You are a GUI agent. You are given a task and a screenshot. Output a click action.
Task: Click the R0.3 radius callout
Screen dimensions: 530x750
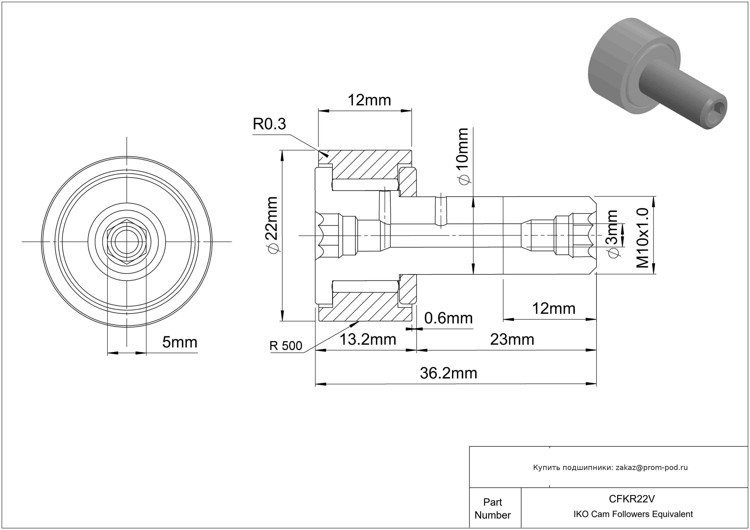(269, 124)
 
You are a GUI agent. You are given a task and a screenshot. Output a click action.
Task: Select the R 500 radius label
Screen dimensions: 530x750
(286, 346)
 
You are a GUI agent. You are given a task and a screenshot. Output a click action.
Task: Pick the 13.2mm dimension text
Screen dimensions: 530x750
(368, 340)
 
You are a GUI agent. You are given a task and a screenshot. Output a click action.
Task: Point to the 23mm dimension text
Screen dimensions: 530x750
(512, 340)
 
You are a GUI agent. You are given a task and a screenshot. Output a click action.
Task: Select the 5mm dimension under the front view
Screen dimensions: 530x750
(180, 342)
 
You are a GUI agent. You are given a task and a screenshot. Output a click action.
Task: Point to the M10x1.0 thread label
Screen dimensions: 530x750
(643, 238)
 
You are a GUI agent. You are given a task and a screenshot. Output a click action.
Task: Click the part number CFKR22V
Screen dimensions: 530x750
(632, 499)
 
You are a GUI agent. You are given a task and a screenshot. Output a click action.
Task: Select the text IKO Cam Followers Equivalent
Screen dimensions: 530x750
(633, 514)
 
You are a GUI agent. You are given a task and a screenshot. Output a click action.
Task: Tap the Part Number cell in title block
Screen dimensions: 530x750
(493, 509)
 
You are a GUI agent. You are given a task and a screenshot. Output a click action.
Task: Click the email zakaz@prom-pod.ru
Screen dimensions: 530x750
(651, 468)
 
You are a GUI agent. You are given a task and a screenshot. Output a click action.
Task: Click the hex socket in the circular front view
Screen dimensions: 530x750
(127, 242)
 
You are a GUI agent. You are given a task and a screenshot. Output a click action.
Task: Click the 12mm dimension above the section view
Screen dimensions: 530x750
(369, 100)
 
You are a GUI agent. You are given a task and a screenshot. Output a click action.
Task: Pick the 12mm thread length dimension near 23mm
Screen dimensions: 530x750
(554, 308)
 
